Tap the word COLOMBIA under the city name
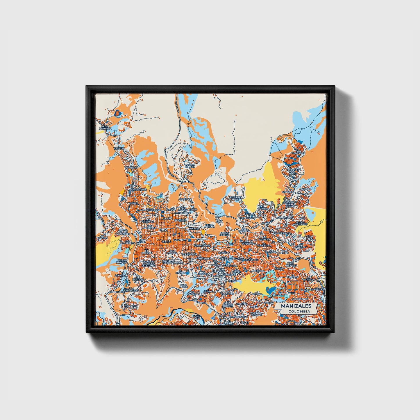click(299, 311)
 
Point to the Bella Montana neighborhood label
click(105, 127)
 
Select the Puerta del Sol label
click(190, 166)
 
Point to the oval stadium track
click(291, 287)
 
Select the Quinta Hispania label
click(122, 261)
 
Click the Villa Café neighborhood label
click(309, 237)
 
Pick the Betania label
click(257, 294)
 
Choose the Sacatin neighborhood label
click(119, 148)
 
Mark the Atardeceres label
click(138, 190)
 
